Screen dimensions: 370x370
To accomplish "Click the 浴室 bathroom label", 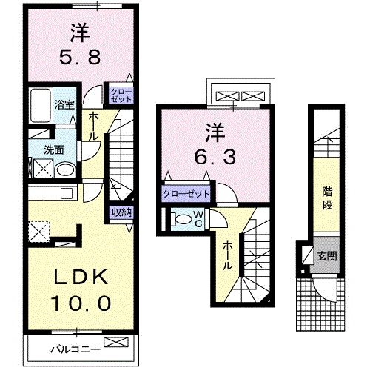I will tap(63, 104).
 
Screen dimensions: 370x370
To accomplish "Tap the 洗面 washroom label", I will tap(53, 149).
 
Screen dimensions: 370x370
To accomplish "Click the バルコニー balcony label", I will tap(71, 347).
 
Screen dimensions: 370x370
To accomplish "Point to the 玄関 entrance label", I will tap(326, 258).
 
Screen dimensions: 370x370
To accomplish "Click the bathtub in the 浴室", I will tap(39, 108).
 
